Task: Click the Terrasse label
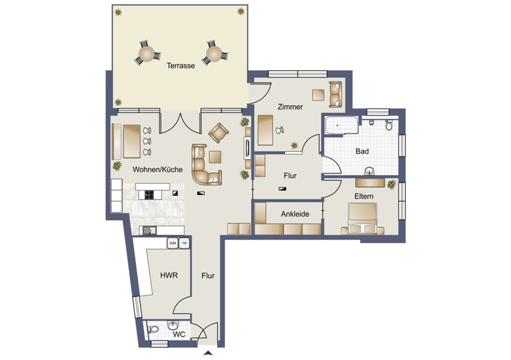coord(181,66)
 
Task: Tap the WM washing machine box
coord(172,243)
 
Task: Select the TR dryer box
coord(184,243)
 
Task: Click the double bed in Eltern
coord(363,218)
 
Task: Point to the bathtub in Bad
coord(341,126)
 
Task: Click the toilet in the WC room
coord(153,329)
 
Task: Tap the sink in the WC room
coord(172,325)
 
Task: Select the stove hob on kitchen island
coord(149,195)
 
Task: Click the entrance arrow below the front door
coord(208,352)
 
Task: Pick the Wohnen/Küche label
coord(157,169)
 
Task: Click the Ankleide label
coord(295,214)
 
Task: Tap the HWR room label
coord(169,275)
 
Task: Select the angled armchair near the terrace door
coord(218,133)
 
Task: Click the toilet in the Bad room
coord(389,125)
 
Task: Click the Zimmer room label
coord(290,107)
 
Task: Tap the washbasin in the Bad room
coord(370,170)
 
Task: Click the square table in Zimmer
coord(318,95)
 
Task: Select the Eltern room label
coord(364,196)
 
